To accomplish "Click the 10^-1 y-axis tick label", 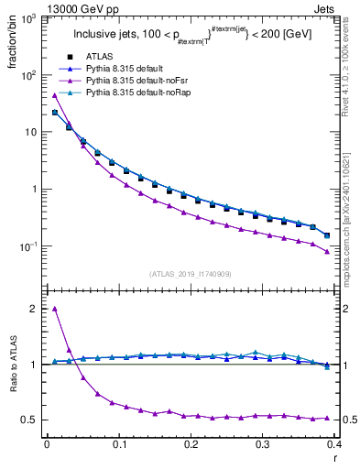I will point(27,246).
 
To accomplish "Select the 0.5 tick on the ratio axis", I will point(29,420).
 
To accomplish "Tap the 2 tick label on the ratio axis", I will point(34,309).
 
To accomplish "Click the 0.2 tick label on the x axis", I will point(191,444).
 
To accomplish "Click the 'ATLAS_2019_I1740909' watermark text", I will point(191,274).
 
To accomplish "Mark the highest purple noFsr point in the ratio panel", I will point(55,309).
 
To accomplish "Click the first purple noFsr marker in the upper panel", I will point(55,95).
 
